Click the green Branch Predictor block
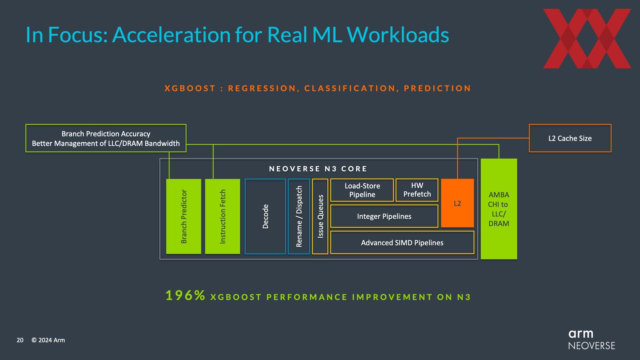pyautogui.click(x=184, y=216)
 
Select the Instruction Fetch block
pyautogui.click(x=222, y=216)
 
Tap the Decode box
pyautogui.click(x=265, y=216)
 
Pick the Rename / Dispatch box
pyautogui.click(x=299, y=216)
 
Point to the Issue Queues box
pyautogui.click(x=320, y=216)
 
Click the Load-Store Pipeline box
pyautogui.click(x=362, y=190)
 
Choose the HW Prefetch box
pyautogui.click(x=417, y=190)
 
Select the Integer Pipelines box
pyautogui.click(x=384, y=216)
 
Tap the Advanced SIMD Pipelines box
pyautogui.click(x=402, y=243)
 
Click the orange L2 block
pyautogui.click(x=457, y=203)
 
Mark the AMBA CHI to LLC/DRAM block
pyautogui.click(x=499, y=209)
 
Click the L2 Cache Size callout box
pyautogui.click(x=570, y=138)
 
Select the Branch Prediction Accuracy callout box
pyautogui.click(x=106, y=138)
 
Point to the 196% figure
pyautogui.click(x=185, y=295)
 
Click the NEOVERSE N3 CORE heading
pyautogui.click(x=318, y=169)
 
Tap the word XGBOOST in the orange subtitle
pyautogui.click(x=190, y=88)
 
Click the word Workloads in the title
pyautogui.click(x=398, y=34)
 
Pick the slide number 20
pyautogui.click(x=20, y=340)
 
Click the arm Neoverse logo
pyautogui.click(x=592, y=340)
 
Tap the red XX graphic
pyautogui.click(x=587, y=39)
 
